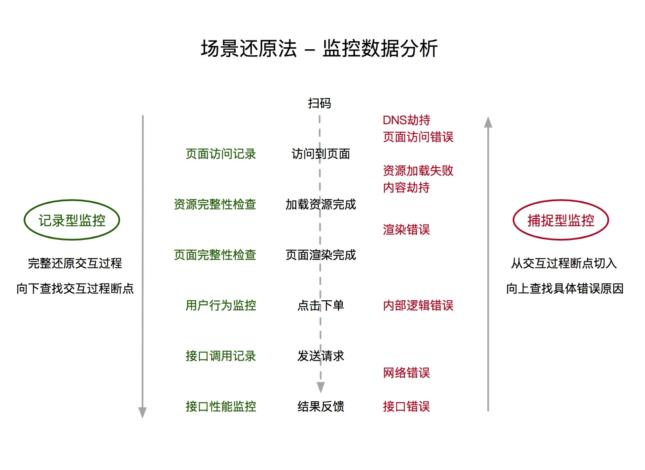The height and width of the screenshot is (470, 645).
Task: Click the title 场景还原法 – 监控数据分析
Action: pos(319,48)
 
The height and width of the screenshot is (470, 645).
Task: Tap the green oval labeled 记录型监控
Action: pos(72,220)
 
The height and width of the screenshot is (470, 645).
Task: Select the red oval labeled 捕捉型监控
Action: pos(561,220)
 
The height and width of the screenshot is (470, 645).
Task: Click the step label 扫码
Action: pos(319,103)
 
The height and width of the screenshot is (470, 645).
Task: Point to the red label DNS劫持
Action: pos(406,120)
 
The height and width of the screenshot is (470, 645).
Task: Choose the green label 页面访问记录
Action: pos(221,154)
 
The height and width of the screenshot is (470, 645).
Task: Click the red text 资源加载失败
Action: pos(418,171)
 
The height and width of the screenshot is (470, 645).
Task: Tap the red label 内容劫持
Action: pos(406,187)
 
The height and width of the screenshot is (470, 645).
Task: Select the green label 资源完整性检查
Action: pos(215,205)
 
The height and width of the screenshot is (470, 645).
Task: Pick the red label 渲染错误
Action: pos(406,230)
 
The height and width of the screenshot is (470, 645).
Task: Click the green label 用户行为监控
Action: pos(221,305)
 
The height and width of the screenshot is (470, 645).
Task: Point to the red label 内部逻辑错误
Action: pos(418,305)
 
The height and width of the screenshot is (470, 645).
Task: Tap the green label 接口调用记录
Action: pos(221,356)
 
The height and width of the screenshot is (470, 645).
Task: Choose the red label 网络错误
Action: pos(406,373)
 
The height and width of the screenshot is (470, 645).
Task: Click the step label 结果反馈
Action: pos(321,406)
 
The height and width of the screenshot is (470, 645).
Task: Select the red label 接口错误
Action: pos(406,406)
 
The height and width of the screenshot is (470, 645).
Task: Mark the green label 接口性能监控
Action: pos(221,406)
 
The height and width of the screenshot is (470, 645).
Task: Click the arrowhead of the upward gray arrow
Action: pos(488,122)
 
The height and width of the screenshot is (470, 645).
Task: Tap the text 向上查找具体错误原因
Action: pos(564,288)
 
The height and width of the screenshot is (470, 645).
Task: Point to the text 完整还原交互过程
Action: pos(75,263)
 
